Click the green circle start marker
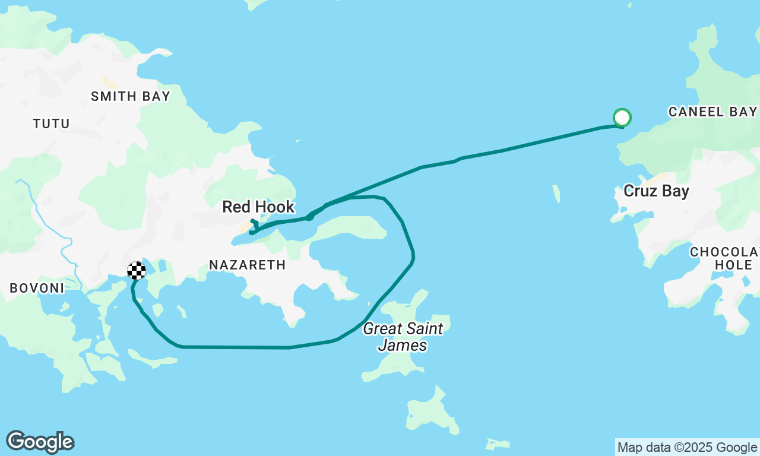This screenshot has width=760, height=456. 622,118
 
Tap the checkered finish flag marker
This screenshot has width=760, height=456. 137,271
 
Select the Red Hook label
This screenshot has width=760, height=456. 258,207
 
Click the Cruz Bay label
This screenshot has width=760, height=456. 656,191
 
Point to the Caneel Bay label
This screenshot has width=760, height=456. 712,112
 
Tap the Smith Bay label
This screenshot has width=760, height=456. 131,96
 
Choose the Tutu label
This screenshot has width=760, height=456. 51,123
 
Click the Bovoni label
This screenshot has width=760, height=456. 37,288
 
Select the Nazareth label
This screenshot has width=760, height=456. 248,265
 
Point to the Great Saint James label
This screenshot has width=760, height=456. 403,336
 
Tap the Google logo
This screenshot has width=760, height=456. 40,442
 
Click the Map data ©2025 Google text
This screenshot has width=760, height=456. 687,447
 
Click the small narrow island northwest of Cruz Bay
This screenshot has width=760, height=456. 556,194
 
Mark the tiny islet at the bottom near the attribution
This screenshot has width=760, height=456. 498,444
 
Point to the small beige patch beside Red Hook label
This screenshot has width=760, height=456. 245,226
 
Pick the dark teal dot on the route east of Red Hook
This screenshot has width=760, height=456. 309,217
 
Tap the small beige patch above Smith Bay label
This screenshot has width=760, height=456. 109,82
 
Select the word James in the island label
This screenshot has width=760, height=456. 403,345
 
